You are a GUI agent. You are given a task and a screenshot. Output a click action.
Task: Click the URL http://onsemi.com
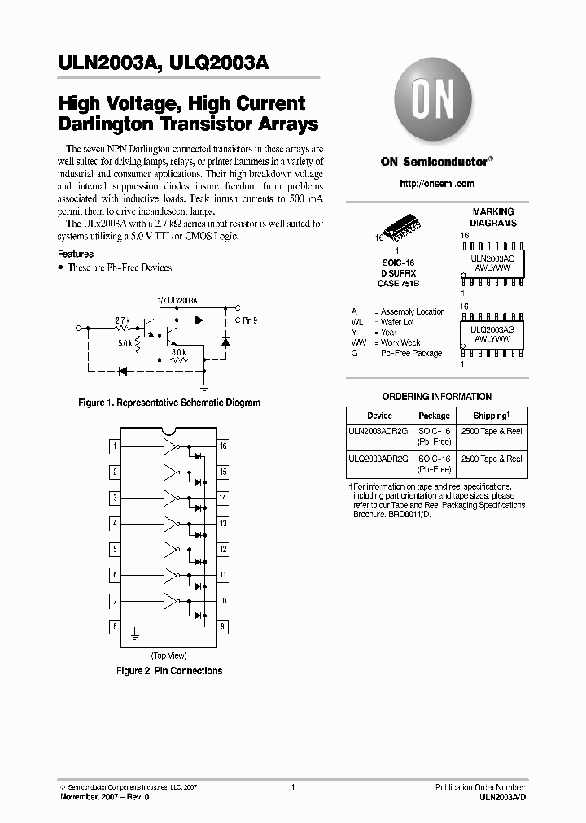(x=437, y=184)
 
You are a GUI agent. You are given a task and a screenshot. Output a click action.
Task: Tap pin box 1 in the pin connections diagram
(x=115, y=446)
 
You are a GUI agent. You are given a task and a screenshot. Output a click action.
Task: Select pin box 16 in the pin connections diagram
(x=222, y=446)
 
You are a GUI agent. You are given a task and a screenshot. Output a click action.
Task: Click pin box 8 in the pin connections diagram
(x=115, y=627)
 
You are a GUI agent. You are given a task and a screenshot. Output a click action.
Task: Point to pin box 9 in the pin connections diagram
(x=222, y=627)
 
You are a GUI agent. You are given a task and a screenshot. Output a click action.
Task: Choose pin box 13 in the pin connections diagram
(x=222, y=523)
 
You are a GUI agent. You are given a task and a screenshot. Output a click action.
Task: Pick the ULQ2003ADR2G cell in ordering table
(x=379, y=459)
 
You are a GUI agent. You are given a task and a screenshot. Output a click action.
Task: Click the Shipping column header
(x=490, y=416)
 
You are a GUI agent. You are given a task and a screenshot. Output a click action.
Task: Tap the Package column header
(x=434, y=416)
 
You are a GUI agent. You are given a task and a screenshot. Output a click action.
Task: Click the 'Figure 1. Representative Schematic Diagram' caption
(x=168, y=403)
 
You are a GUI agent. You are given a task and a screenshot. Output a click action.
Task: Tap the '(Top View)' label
(x=168, y=655)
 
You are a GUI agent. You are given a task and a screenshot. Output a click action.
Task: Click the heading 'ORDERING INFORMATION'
(x=437, y=397)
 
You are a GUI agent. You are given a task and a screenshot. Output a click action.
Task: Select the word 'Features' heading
(x=76, y=254)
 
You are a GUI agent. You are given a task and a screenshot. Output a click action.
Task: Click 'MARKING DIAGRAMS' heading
(x=493, y=217)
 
